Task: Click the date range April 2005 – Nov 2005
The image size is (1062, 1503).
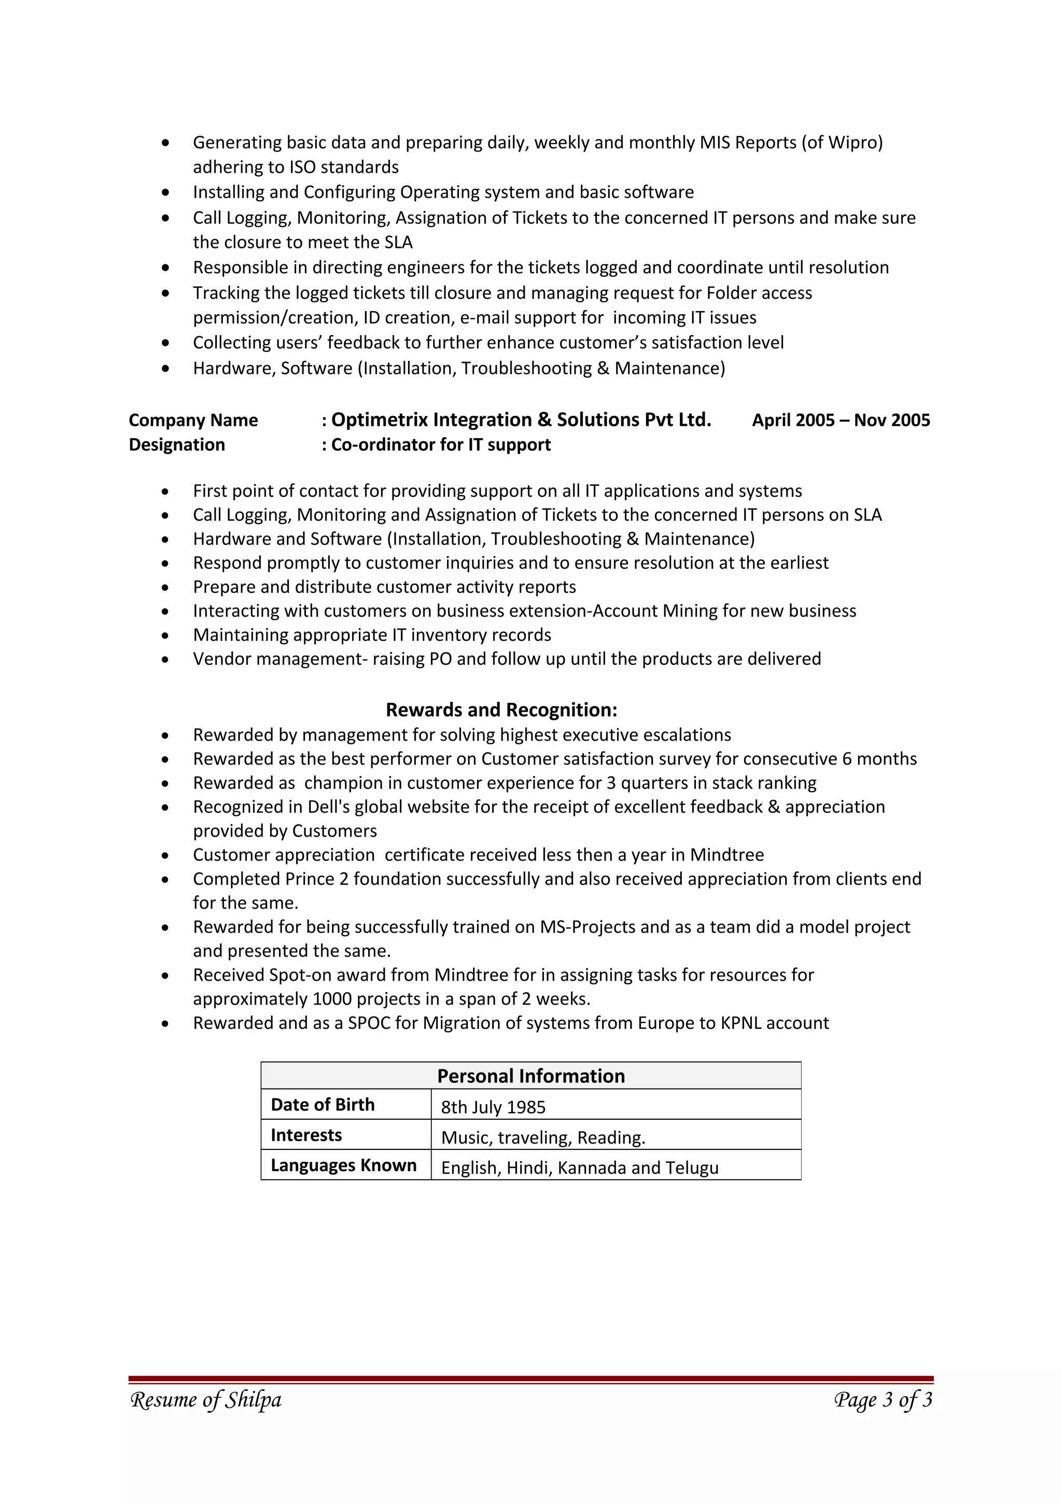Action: click(840, 420)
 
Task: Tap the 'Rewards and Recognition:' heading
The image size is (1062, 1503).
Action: click(501, 709)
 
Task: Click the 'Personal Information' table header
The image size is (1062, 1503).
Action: click(530, 1076)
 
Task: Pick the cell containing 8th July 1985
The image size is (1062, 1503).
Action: click(493, 1107)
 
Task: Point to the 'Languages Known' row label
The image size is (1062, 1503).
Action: click(343, 1165)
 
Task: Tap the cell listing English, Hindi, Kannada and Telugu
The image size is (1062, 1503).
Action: click(580, 1168)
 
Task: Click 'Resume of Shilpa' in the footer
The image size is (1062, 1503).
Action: click(206, 1400)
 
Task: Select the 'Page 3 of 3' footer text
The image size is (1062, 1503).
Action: click(883, 1400)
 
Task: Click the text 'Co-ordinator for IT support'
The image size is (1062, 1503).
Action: click(440, 445)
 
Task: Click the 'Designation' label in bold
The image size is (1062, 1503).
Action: click(177, 445)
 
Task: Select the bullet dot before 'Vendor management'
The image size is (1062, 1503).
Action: click(165, 660)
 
